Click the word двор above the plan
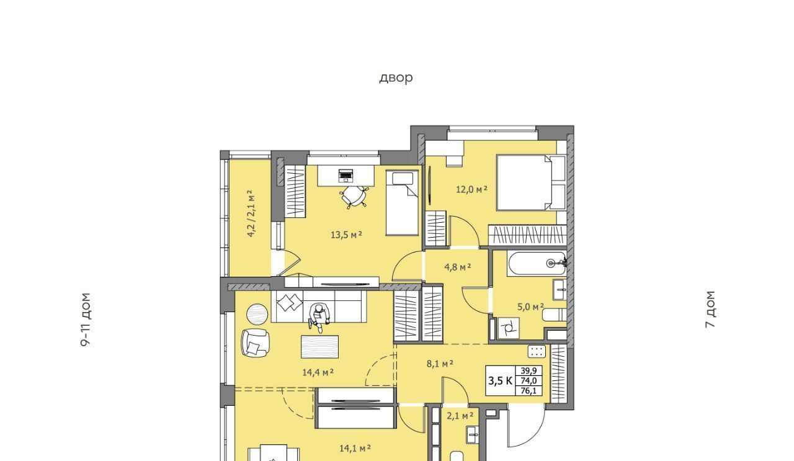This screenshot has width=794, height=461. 396,78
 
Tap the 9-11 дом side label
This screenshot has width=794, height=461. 86,319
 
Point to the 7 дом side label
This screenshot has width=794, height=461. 710,309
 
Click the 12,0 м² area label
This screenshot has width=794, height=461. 471,189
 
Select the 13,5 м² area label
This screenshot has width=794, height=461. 346,235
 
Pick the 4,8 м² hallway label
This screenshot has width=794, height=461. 458,267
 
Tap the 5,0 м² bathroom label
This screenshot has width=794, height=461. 530,307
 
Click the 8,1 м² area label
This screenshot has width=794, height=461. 440,364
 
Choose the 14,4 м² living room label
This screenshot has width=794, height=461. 318,372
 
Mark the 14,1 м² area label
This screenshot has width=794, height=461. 355,448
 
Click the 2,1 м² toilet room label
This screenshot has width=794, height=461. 460,415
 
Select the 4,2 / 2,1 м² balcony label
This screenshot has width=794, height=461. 251,213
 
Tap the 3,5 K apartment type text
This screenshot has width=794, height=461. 500,381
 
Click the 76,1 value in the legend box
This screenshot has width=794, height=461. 529,391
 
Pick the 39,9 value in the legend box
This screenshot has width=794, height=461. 529,370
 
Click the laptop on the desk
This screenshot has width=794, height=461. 346,176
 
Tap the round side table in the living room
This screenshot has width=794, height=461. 257,315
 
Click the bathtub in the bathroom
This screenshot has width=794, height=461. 537,264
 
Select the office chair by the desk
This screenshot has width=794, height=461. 354,197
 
